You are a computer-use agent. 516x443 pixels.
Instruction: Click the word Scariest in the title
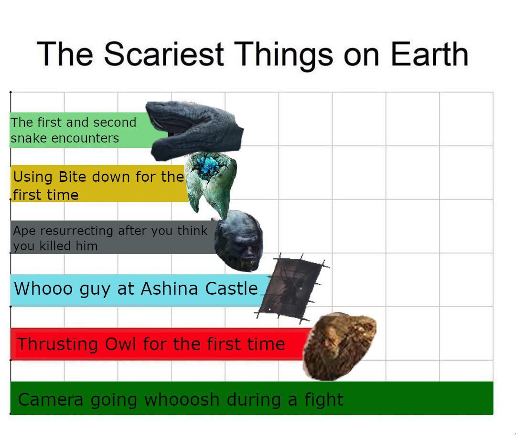tap(164, 54)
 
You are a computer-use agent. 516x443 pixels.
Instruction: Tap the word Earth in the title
tap(430, 54)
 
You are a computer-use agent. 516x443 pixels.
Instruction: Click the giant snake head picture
tap(194, 131)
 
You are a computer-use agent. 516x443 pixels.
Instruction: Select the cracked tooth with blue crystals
tap(211, 185)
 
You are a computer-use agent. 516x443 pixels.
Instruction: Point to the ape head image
tap(238, 241)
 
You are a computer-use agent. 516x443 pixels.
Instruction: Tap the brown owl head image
tap(339, 346)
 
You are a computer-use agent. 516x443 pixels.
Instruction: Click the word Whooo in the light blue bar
tap(43, 288)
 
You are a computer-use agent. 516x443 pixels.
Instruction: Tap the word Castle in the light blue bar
tap(231, 288)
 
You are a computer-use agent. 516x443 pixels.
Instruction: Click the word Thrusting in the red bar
tap(58, 344)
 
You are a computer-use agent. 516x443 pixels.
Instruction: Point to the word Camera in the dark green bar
tap(51, 399)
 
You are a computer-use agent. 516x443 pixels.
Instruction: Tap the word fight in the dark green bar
tap(323, 399)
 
